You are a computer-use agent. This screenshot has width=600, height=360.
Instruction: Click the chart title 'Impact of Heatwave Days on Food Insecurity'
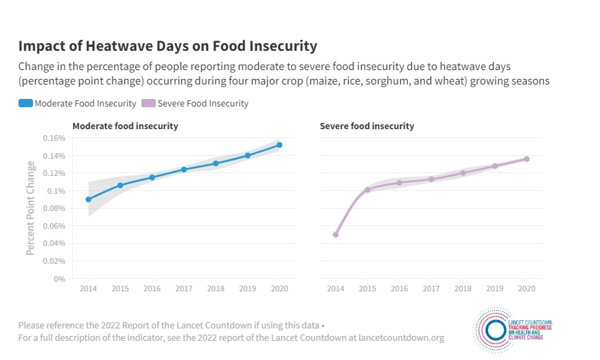coord(168,46)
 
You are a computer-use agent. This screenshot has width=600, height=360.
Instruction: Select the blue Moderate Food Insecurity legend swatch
coord(25,104)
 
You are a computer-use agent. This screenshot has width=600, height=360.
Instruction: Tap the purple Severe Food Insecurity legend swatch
coord(148,104)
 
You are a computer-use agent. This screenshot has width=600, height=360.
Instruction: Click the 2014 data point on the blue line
coord(89,199)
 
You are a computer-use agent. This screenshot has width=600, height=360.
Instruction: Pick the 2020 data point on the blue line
coord(279,145)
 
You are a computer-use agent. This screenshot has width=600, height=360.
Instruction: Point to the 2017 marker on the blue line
coord(184,169)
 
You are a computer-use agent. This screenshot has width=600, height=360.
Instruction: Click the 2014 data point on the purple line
coord(336,234)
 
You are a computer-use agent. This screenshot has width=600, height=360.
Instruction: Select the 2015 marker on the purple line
coord(367,190)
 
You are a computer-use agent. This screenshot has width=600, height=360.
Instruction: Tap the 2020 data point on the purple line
coord(527,159)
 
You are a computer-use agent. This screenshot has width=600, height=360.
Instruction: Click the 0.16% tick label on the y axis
coord(54,138)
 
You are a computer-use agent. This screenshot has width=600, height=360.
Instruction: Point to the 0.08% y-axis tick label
coord(54,208)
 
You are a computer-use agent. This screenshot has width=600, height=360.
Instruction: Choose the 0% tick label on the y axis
coord(59,279)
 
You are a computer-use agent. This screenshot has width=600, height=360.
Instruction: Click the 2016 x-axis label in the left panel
coord(152,290)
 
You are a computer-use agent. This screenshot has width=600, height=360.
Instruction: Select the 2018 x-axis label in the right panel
coord(463,290)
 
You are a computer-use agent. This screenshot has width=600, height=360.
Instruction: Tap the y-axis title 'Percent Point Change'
coord(30,208)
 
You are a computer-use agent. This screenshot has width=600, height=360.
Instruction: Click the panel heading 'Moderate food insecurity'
coord(126,126)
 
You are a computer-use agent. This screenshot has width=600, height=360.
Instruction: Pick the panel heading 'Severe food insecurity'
coord(367,126)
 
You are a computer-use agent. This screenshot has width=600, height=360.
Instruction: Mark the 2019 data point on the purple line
coord(494,166)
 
